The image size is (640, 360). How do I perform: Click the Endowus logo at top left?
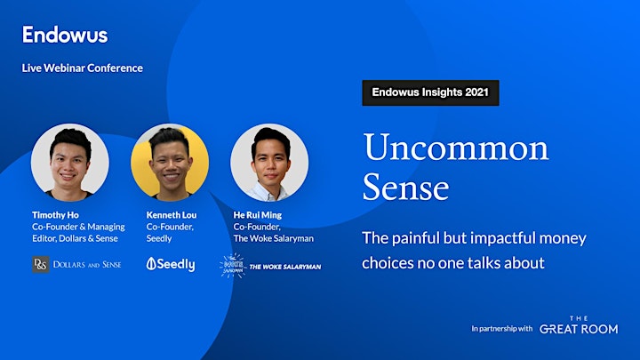click(65, 35)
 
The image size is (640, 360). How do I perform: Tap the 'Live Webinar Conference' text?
click(83, 68)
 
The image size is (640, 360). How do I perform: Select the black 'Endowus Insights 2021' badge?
click(430, 92)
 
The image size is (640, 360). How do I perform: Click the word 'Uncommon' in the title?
click(456, 148)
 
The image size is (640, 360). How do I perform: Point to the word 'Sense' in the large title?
click(405, 187)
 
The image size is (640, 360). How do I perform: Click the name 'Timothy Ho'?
click(55, 215)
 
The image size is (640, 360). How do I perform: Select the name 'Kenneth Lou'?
click(172, 215)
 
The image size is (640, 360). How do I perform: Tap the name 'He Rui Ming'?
click(258, 215)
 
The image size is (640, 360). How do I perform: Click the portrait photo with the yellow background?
click(170, 163)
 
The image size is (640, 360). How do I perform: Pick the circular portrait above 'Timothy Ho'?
click(70, 163)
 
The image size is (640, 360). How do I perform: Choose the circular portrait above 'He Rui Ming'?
click(269, 163)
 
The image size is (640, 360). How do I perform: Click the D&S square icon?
click(41, 265)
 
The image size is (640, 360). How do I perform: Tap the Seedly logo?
click(171, 265)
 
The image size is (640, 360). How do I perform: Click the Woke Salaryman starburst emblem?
click(233, 266)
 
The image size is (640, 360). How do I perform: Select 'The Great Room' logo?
click(579, 325)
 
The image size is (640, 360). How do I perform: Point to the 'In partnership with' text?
click(502, 329)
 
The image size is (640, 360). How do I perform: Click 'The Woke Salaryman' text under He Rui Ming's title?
click(274, 238)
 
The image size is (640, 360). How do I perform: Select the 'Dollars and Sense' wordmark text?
click(87, 265)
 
